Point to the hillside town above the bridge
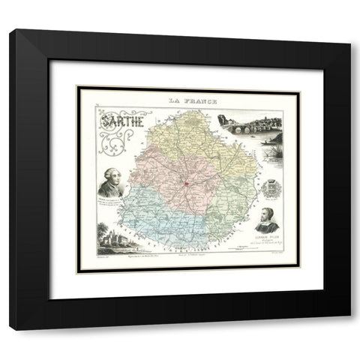(251, 120)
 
